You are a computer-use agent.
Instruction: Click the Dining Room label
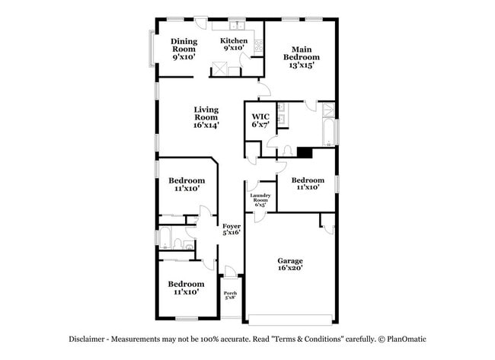click(x=184, y=49)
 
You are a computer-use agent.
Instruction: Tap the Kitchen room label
click(x=234, y=44)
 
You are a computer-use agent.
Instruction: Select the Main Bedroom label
click(x=301, y=56)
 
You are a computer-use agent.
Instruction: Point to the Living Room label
click(x=206, y=117)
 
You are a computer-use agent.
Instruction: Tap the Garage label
click(x=289, y=266)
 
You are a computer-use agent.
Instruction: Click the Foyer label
click(x=232, y=229)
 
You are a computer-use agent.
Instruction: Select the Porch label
click(x=230, y=295)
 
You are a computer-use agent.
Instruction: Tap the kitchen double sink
click(x=259, y=46)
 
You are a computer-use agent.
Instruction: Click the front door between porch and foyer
click(x=230, y=272)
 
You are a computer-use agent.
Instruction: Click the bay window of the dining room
click(x=151, y=49)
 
